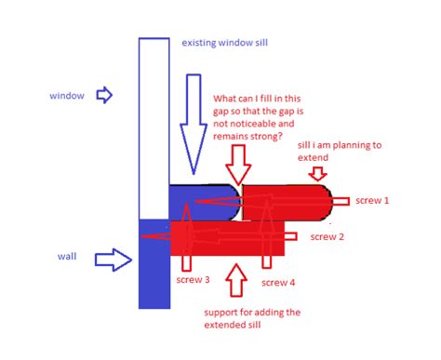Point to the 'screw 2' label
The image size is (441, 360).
327,237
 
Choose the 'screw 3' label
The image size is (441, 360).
194,278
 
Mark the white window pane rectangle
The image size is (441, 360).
154,126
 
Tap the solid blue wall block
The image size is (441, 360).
154,265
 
